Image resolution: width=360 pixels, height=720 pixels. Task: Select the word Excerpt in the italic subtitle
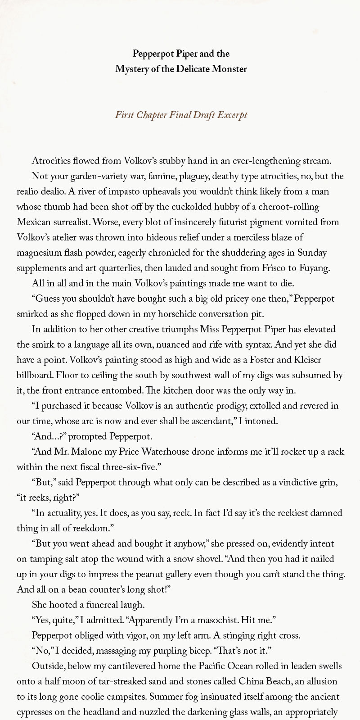232,115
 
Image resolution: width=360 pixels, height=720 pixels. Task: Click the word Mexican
34,222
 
